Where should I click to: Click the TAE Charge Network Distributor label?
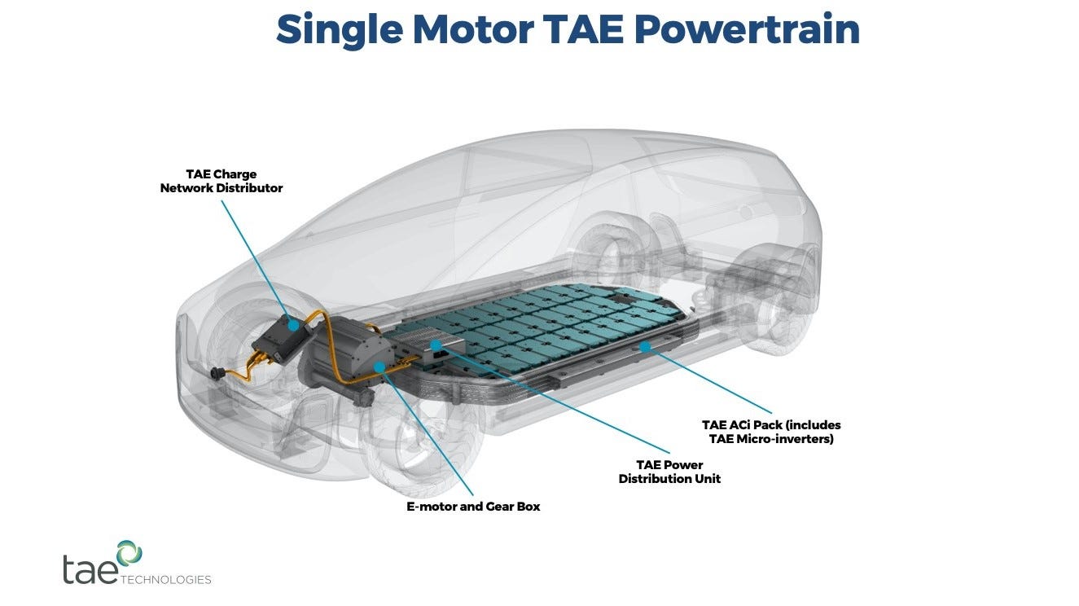point(222,181)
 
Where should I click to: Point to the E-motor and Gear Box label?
point(473,506)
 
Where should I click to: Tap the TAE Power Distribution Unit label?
point(669,472)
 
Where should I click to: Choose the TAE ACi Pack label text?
point(771,432)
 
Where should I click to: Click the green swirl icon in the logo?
point(129,552)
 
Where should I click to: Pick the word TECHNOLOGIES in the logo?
point(166,580)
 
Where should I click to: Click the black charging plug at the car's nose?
point(216,375)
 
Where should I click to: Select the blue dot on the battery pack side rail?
point(645,346)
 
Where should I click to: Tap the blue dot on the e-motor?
point(379,367)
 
